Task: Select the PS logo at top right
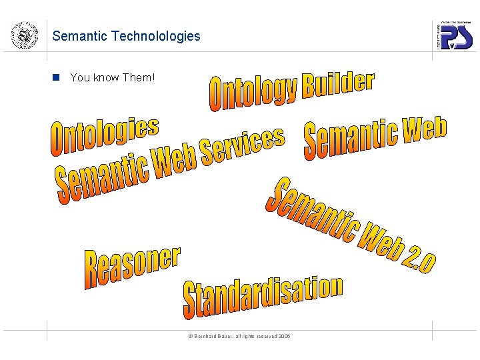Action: (x=455, y=37)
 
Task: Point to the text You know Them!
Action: (x=112, y=77)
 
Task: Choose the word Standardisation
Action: (x=263, y=297)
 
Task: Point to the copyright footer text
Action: (x=238, y=337)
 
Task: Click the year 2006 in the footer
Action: (x=284, y=337)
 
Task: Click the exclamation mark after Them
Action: (x=153, y=77)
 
